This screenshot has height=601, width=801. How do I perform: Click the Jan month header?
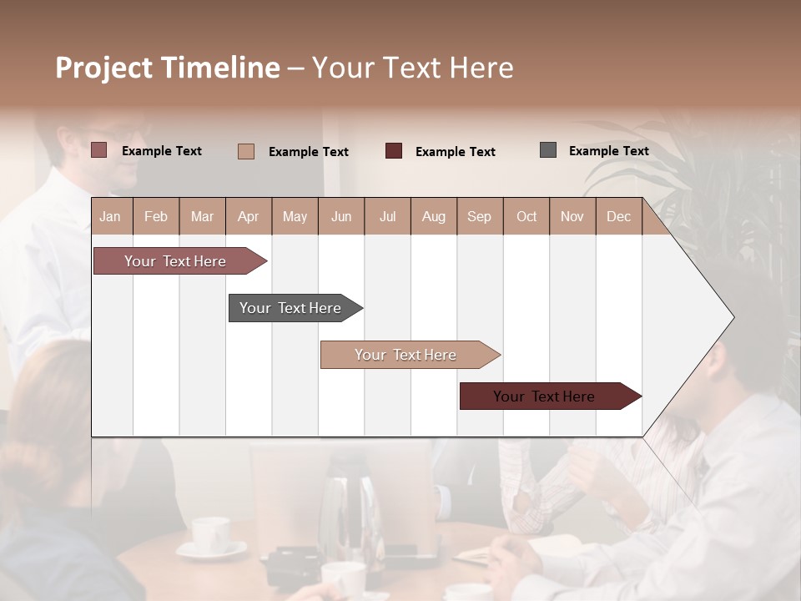pos(111,216)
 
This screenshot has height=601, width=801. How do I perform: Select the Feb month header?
pos(156,216)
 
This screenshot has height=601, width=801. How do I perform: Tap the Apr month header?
pos(249,216)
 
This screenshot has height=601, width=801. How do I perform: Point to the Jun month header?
pos(341,216)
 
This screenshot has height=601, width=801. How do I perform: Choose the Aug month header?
pos(434,216)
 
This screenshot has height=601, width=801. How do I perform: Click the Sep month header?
pos(480,216)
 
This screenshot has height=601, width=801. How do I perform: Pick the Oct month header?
pos(526,216)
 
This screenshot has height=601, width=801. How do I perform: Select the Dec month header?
pos(619,216)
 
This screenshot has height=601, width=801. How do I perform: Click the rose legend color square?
pos(99,150)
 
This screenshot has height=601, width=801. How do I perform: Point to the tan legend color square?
pos(246,151)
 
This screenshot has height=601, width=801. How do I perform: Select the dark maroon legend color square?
pos(394,151)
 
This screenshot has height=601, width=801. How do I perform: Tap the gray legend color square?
pos(548,150)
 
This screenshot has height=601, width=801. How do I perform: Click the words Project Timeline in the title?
pos(168,68)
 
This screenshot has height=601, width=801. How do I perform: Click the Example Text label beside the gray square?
pos(609,151)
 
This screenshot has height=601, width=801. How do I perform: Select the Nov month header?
pos(572,216)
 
